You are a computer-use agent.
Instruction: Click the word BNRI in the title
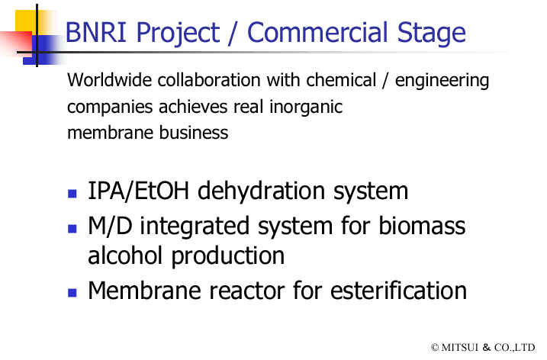click(x=95, y=32)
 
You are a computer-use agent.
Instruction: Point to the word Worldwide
click(x=110, y=80)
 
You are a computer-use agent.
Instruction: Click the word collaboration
click(x=209, y=80)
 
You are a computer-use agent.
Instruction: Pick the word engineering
click(x=442, y=81)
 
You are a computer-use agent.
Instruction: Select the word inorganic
click(x=306, y=108)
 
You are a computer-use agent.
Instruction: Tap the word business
click(x=194, y=133)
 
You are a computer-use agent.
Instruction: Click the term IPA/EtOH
click(x=139, y=191)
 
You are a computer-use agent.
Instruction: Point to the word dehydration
click(x=261, y=191)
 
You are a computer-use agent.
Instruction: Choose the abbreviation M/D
click(x=110, y=226)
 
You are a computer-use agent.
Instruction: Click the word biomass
click(x=422, y=225)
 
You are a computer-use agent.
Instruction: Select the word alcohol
click(x=125, y=255)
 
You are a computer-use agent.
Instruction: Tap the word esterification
click(x=398, y=291)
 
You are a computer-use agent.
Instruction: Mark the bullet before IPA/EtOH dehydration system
click(x=72, y=194)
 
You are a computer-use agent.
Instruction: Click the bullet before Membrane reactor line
click(x=72, y=292)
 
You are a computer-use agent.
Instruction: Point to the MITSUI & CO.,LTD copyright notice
click(x=483, y=348)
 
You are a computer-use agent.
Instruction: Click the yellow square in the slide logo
click(x=26, y=21)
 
